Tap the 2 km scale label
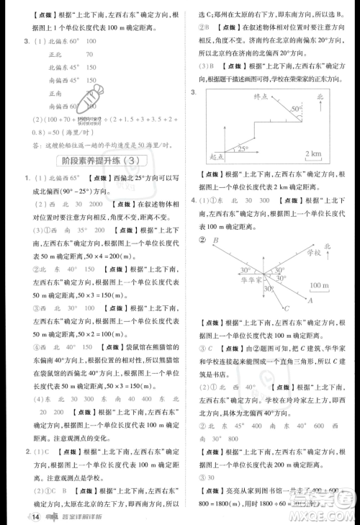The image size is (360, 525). (x=313, y=154)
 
